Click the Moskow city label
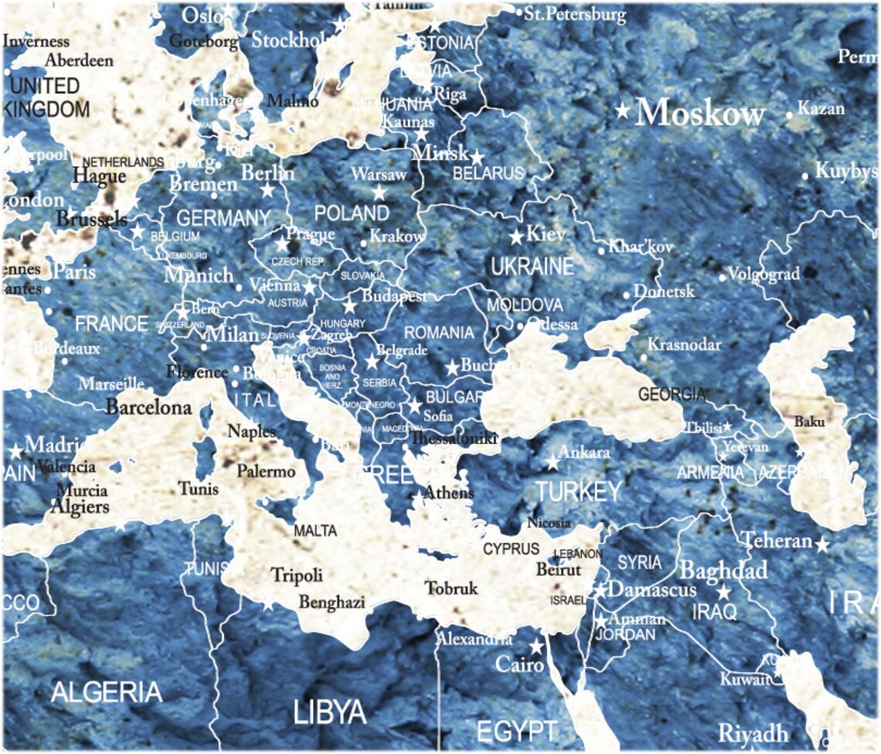point(700,113)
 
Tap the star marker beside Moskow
point(622,111)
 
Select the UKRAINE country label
point(532,267)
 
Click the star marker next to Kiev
point(516,237)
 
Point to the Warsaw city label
point(379,175)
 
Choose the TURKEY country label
point(579,491)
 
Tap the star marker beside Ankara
point(553,464)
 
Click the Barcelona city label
point(148,407)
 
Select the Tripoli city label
point(297,575)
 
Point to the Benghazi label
point(332,602)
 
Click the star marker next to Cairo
point(536,646)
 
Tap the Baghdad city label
point(723,571)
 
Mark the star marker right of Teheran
point(822,545)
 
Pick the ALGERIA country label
point(107,692)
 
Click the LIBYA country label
point(329,712)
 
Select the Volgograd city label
point(764,274)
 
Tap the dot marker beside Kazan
point(790,115)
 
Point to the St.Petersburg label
point(575,14)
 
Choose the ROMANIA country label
point(438,333)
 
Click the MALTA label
point(315,531)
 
